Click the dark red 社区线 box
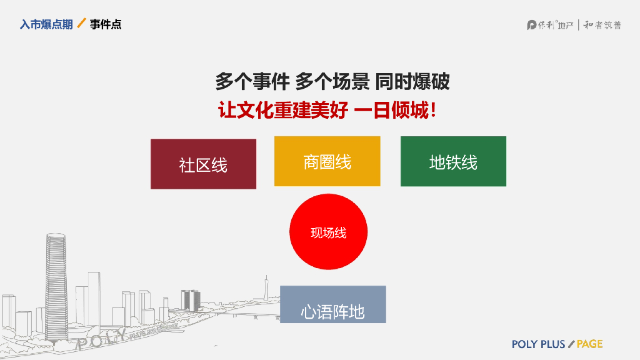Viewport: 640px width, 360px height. click(203, 164)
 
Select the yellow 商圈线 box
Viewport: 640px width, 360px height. click(327, 161)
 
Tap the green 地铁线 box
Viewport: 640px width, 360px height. click(453, 161)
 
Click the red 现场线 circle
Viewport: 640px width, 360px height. click(328, 232)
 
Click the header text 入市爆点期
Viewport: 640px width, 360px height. click(46, 24)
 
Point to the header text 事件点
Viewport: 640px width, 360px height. click(106, 24)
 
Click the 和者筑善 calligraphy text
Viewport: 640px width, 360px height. click(602, 25)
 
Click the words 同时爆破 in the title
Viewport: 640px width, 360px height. click(412, 82)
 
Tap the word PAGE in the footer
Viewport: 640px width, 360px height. click(589, 344)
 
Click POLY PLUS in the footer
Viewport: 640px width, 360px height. click(538, 344)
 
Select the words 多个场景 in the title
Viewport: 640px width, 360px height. click(332, 82)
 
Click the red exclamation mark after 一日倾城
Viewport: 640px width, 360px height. click(433, 111)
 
